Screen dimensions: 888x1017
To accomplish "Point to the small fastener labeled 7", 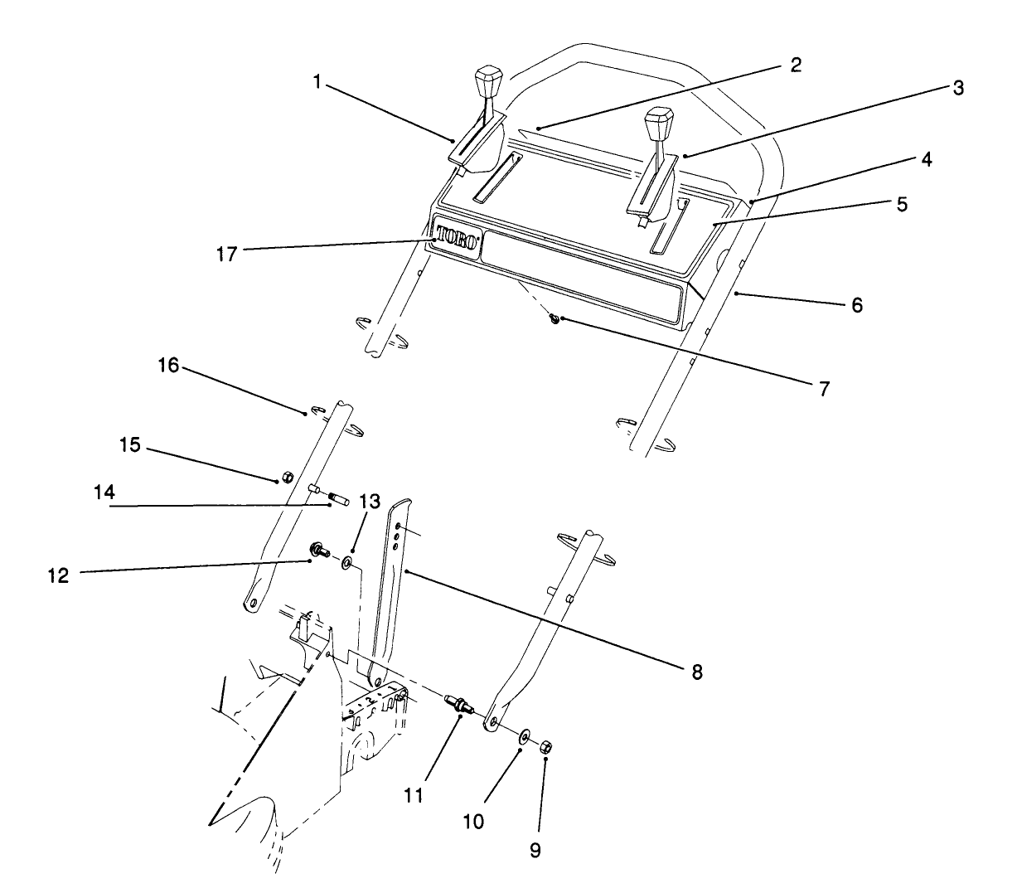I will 555,318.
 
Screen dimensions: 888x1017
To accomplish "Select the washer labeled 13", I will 346,565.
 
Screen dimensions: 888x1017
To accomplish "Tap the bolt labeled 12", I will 319,550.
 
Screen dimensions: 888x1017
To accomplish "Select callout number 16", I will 169,365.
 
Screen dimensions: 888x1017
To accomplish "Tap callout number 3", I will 957,89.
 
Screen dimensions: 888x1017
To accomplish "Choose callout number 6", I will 857,305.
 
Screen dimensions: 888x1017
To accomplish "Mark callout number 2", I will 796,65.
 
